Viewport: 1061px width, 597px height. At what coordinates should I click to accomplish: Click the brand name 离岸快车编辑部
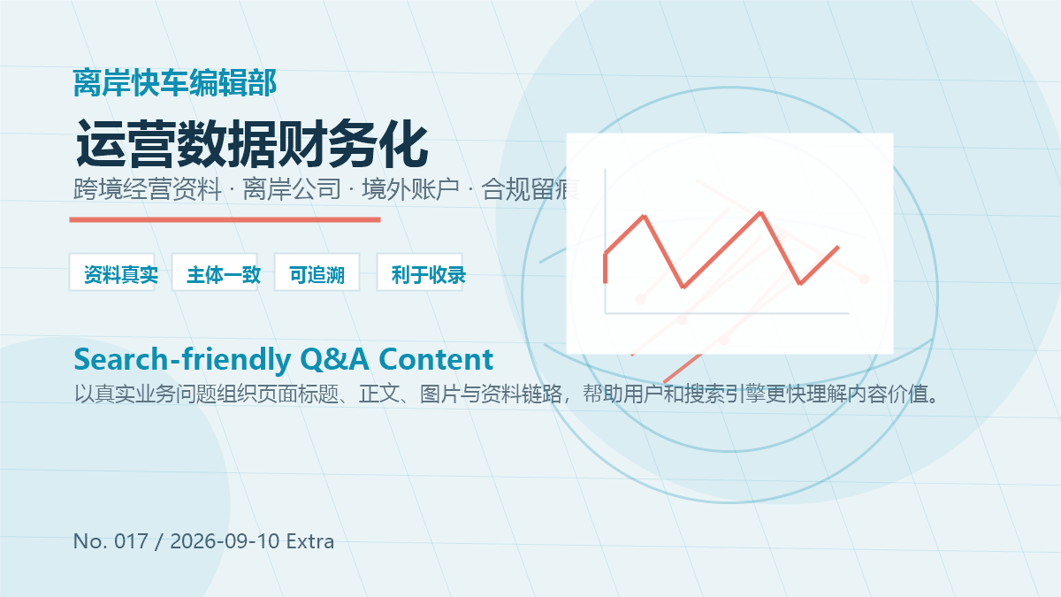(x=175, y=83)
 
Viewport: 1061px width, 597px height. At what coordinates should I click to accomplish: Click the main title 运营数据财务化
(x=252, y=143)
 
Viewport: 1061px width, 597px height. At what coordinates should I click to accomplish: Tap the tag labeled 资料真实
(x=112, y=272)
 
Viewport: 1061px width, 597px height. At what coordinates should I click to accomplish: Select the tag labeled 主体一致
(x=215, y=272)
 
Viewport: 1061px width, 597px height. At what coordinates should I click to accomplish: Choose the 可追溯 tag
(x=317, y=272)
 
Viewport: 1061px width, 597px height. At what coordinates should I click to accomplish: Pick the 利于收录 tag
(x=420, y=272)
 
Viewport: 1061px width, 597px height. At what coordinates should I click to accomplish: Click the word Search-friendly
(x=182, y=360)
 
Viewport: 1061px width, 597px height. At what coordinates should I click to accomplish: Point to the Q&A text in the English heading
(x=334, y=360)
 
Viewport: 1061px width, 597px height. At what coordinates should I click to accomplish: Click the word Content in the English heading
(x=436, y=359)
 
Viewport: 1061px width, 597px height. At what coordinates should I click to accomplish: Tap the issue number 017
(x=131, y=541)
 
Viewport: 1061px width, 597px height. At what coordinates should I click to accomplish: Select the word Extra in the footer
(x=310, y=541)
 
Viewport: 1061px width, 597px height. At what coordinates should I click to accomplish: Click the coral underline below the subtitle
(x=225, y=220)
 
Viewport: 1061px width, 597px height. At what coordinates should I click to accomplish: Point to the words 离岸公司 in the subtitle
(x=292, y=189)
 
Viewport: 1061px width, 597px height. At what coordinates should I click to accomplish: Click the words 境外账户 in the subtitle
(x=410, y=189)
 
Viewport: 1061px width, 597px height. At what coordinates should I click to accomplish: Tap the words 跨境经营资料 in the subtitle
(x=148, y=189)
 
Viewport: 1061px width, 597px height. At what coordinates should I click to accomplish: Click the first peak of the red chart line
(x=645, y=217)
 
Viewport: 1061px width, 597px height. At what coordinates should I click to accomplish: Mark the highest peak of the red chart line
(x=760, y=213)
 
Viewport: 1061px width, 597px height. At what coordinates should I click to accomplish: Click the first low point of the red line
(x=683, y=287)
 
